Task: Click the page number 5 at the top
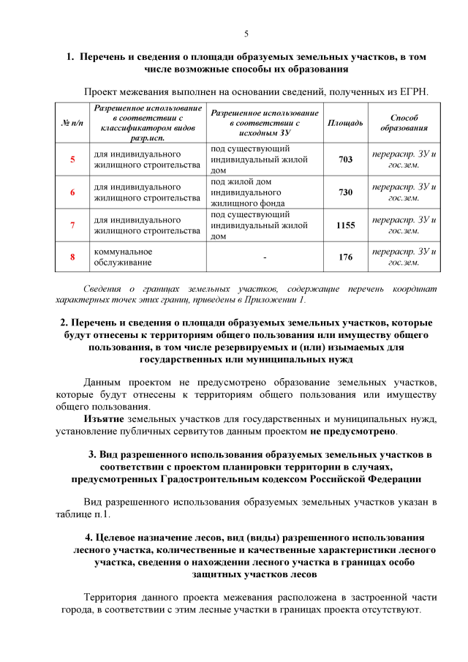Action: [246, 34]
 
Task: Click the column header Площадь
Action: [345, 122]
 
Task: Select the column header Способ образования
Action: [404, 122]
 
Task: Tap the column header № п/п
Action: [72, 122]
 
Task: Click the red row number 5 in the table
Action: [72, 159]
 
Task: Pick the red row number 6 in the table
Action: [72, 192]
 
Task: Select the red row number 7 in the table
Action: [72, 225]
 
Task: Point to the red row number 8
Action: [72, 257]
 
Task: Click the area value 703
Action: [345, 159]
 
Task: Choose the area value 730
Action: [345, 192]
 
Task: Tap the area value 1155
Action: [345, 225]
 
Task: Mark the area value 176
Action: [345, 257]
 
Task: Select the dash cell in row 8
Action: [264, 257]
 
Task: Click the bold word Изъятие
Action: [104, 418]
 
